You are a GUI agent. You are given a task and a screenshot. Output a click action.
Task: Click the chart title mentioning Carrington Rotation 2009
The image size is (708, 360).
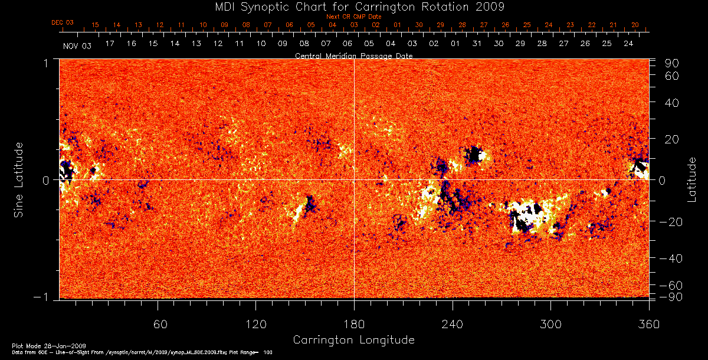point(353,6)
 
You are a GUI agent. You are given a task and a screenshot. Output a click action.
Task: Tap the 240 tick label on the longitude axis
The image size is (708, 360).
point(453,324)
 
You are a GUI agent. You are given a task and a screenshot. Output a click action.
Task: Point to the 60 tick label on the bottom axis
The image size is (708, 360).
point(158,324)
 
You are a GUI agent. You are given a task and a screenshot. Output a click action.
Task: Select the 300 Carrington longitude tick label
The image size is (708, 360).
point(550,324)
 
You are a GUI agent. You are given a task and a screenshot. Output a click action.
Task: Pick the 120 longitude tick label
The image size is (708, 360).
point(255,324)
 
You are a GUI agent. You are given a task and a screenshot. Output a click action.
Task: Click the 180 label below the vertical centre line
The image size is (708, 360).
point(354,324)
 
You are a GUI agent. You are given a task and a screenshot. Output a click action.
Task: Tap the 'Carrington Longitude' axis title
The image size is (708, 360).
point(353,340)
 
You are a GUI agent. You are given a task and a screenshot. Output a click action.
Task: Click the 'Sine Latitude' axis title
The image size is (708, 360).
point(19,178)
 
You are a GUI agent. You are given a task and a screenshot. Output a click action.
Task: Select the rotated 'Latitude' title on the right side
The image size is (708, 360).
point(691,179)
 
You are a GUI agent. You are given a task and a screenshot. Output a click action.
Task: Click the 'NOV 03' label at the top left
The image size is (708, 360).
point(77,45)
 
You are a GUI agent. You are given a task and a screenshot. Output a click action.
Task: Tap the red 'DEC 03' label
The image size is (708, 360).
point(63,22)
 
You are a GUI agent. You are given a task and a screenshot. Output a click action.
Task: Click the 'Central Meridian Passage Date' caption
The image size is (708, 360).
point(353,55)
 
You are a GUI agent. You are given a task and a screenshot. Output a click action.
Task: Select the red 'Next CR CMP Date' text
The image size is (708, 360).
point(354,17)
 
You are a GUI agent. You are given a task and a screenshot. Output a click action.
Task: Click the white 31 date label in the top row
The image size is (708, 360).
point(477,44)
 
